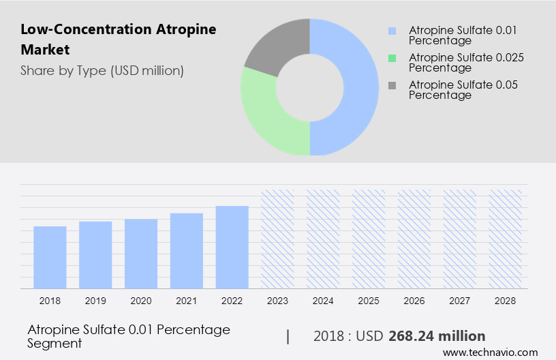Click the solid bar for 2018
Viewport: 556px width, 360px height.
point(50,257)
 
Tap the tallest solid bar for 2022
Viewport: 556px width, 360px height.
point(232,247)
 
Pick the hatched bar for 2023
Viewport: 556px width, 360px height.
point(278,239)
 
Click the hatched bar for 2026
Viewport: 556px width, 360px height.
point(414,239)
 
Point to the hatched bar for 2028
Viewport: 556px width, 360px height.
point(506,239)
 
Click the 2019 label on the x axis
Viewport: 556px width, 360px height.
point(95,301)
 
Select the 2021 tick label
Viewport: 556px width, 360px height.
point(187,301)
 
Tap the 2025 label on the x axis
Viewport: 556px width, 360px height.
point(369,301)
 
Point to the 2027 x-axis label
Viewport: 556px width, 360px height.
point(460,301)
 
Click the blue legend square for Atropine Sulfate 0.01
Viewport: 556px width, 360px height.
point(391,31)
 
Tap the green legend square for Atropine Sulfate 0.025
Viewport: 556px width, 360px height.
point(391,58)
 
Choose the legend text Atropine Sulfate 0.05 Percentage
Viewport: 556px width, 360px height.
point(463,90)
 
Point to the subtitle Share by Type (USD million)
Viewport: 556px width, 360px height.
point(102,70)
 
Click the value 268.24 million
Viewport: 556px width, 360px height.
point(437,336)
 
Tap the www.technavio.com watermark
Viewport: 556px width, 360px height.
point(490,352)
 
